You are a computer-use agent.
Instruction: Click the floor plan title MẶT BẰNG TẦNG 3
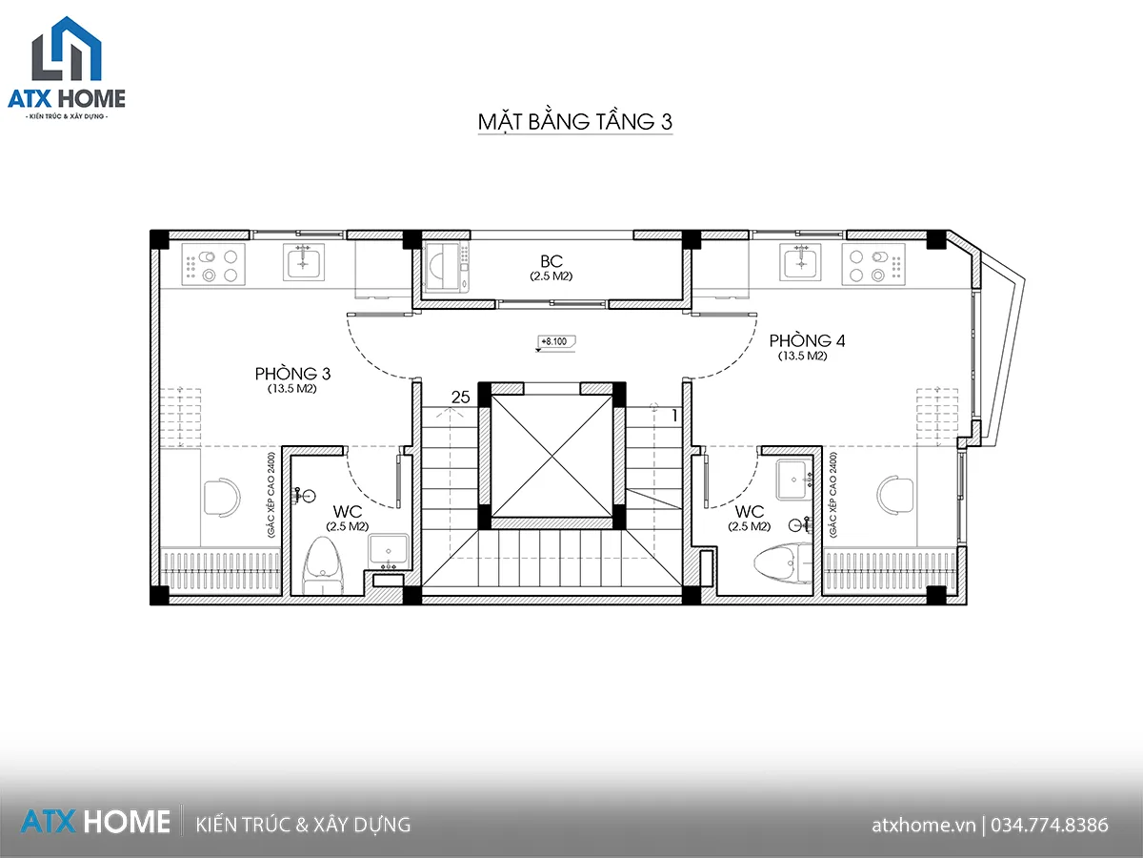(575, 121)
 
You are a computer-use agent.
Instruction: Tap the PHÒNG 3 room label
(292, 374)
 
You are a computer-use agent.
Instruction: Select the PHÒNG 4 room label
(807, 340)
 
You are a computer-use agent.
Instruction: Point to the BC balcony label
(551, 261)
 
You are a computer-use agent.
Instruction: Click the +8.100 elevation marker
(556, 341)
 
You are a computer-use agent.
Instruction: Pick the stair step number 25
(460, 398)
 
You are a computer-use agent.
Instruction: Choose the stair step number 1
(675, 416)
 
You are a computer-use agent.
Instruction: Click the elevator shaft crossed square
(551, 456)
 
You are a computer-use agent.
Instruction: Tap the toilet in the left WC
(323, 565)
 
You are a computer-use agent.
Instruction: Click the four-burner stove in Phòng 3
(213, 265)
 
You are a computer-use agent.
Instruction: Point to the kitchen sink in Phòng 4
(800, 262)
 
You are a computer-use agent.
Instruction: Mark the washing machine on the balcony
(446, 267)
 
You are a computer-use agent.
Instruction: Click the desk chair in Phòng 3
(222, 498)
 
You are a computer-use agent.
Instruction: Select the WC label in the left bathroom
(348, 512)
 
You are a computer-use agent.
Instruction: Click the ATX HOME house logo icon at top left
(67, 49)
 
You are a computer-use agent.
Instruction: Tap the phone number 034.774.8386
(1050, 825)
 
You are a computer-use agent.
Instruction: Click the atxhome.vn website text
(924, 826)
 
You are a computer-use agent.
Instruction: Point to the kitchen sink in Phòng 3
(304, 262)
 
